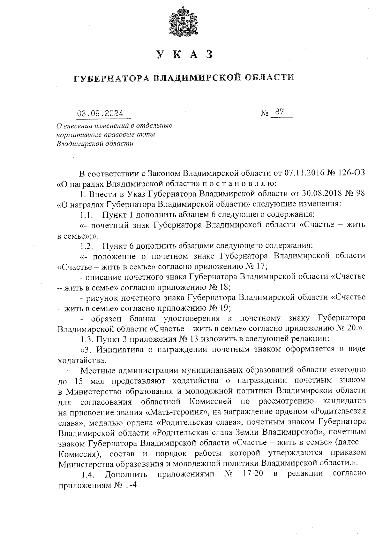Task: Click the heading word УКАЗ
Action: (x=184, y=55)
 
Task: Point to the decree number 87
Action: (x=279, y=112)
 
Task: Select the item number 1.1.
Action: (x=86, y=214)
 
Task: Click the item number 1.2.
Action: (x=86, y=246)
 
